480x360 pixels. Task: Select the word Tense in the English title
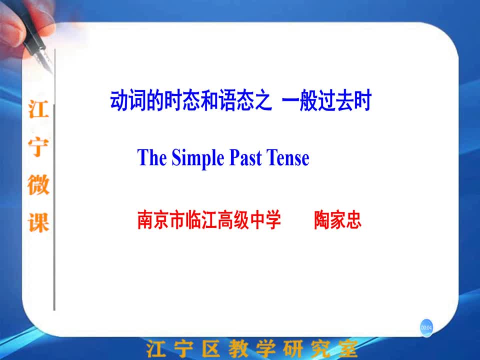pyautogui.click(x=288, y=158)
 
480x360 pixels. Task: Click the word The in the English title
pyautogui.click(x=152, y=157)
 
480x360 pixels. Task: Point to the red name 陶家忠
pyautogui.click(x=337, y=220)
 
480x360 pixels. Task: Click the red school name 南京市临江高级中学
pyautogui.click(x=209, y=220)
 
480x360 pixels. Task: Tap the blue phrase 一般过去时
pyautogui.click(x=326, y=100)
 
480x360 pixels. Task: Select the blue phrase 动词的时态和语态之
pyautogui.click(x=191, y=100)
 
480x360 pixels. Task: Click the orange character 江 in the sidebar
pyautogui.click(x=38, y=109)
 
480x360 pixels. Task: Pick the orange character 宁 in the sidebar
pyautogui.click(x=38, y=147)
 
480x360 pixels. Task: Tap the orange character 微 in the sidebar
pyautogui.click(x=38, y=185)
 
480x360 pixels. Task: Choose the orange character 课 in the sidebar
pyautogui.click(x=38, y=222)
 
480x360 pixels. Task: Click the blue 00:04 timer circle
pyautogui.click(x=426, y=327)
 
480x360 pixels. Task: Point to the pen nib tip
pyautogui.click(x=51, y=73)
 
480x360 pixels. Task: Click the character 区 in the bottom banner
pyautogui.click(x=210, y=348)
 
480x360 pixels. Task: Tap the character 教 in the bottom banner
pyautogui.click(x=238, y=348)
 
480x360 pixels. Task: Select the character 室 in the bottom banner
pyautogui.click(x=348, y=348)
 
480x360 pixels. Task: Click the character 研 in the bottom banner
pyautogui.click(x=293, y=348)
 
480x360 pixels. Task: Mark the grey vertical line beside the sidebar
pyautogui.click(x=54, y=179)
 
